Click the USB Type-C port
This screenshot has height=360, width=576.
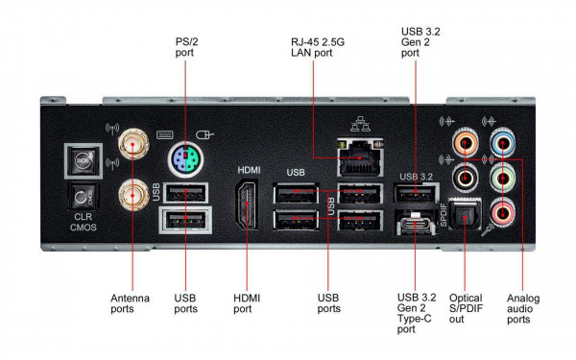[x=414, y=228]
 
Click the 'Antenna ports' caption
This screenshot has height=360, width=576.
[x=131, y=304]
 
